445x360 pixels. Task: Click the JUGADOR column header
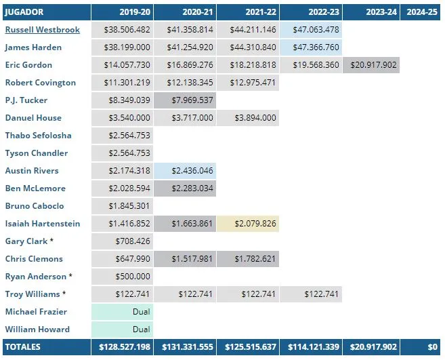[x=24, y=12]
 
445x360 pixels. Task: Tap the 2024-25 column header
[x=420, y=12]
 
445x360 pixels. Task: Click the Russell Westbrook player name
[x=42, y=30]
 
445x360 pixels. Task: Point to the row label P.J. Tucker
[x=26, y=100]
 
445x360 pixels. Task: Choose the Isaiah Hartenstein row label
[x=42, y=224]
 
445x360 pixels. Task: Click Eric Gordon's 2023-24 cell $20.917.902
[x=371, y=65]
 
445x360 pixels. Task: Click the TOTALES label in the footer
[x=23, y=347]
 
